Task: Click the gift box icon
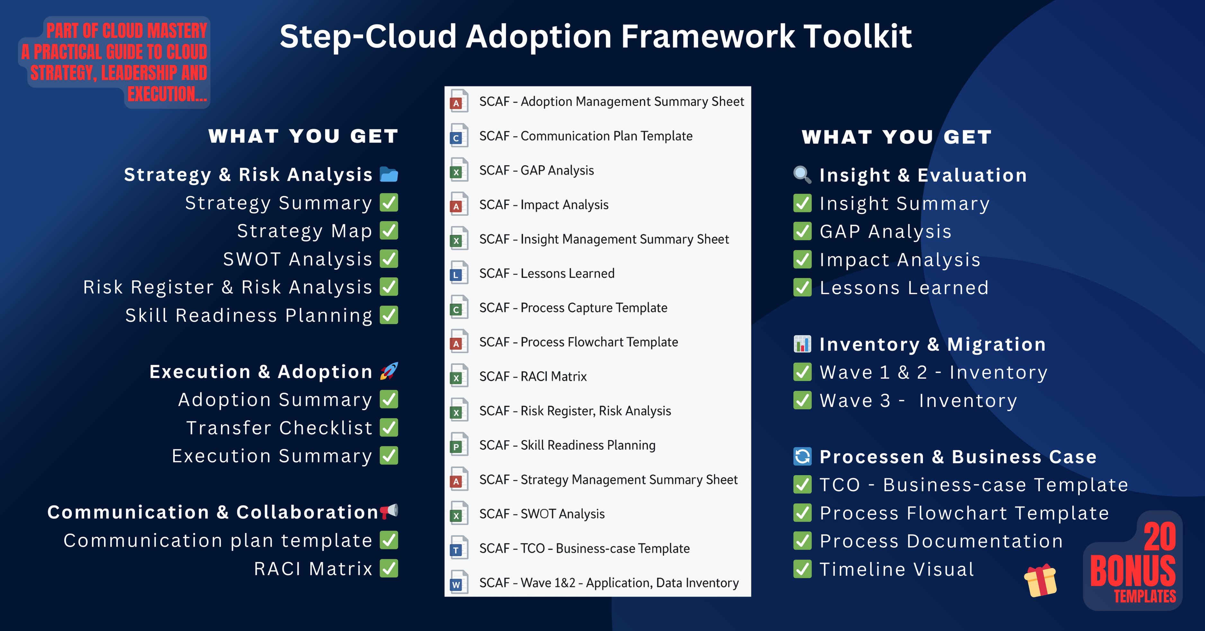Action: pyautogui.click(x=1040, y=581)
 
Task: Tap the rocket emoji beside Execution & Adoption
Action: pyautogui.click(x=389, y=371)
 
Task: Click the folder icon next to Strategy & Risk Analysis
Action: pyautogui.click(x=389, y=175)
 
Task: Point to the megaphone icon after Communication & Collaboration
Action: pyautogui.click(x=389, y=511)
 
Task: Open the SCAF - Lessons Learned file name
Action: pyautogui.click(x=547, y=273)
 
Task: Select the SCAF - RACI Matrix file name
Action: pyautogui.click(x=533, y=376)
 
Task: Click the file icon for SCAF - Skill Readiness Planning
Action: pyautogui.click(x=459, y=445)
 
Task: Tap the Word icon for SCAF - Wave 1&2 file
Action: pyautogui.click(x=459, y=582)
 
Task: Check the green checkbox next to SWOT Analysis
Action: pyautogui.click(x=389, y=259)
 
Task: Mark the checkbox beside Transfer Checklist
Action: pyautogui.click(x=389, y=427)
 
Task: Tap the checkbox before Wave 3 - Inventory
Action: pyautogui.click(x=803, y=400)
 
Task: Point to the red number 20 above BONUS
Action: pyautogui.click(x=1160, y=537)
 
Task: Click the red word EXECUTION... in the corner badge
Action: pyautogui.click(x=167, y=94)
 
